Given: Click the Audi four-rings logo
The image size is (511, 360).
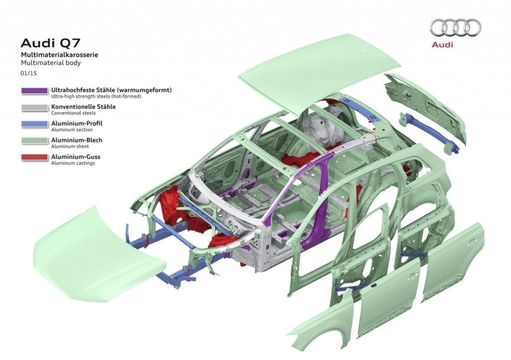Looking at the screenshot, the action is (456, 27).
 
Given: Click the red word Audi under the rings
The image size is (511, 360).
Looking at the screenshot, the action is (442, 44).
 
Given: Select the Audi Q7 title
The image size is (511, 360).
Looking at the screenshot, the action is (50, 43).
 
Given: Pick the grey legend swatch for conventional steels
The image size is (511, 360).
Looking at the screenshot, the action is (34, 108).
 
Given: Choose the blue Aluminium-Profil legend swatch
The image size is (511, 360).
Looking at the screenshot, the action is (34, 124).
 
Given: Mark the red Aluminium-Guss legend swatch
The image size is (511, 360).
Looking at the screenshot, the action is (34, 158).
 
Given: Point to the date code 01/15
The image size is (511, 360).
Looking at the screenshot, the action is (28, 73).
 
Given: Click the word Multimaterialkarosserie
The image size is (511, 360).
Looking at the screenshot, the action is (59, 55).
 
